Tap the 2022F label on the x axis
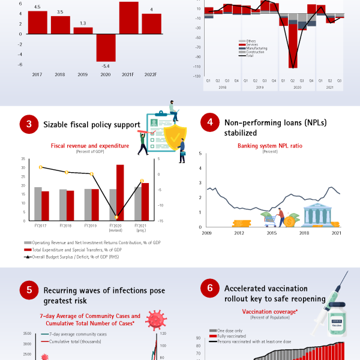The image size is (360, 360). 151,74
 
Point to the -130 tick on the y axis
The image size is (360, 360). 197,76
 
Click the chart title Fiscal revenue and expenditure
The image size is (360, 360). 89,145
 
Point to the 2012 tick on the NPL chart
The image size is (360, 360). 239,232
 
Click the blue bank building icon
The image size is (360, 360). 316,215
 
